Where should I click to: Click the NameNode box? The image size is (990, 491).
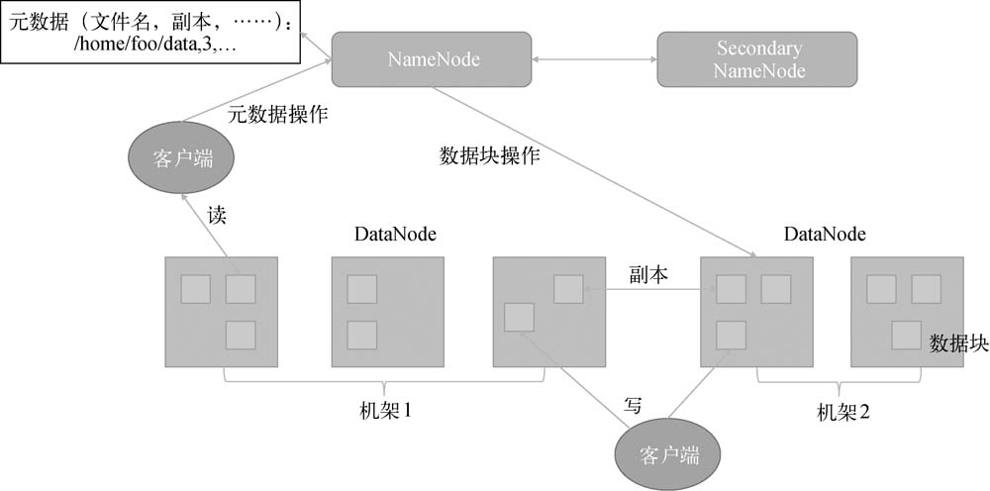[x=433, y=59]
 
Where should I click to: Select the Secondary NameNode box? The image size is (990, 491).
[x=758, y=59]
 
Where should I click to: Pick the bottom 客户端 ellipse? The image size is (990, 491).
[x=669, y=455]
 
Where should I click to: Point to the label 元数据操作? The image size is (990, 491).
[x=278, y=115]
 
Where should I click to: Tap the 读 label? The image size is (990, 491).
[x=217, y=215]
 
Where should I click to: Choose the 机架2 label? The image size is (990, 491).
[x=842, y=411]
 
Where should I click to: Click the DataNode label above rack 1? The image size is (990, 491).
[x=395, y=235]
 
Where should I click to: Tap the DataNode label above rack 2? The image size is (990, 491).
[x=825, y=235]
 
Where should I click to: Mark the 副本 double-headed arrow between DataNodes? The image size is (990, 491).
[x=648, y=290]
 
